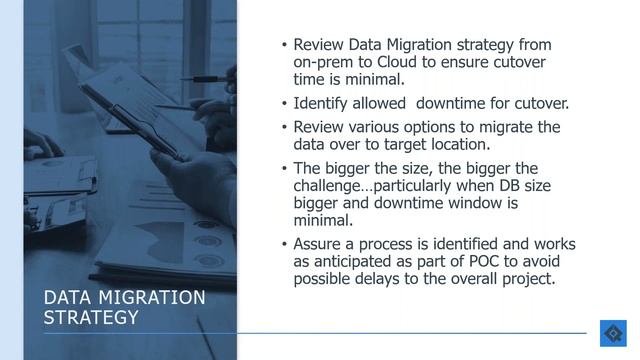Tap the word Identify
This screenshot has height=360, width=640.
pyautogui.click(x=323, y=103)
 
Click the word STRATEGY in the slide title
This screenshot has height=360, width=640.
pyautogui.click(x=93, y=317)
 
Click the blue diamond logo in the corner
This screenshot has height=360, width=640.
pyautogui.click(x=612, y=333)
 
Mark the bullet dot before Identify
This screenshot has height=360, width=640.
pyautogui.click(x=283, y=104)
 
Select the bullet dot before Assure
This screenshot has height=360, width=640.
pyautogui.click(x=283, y=245)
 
